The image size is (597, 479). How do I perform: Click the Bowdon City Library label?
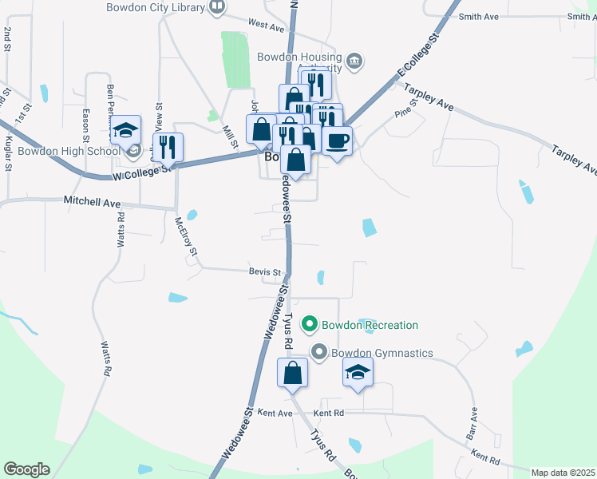coord(156,7)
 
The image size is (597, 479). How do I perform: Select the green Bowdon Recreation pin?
coord(310,325)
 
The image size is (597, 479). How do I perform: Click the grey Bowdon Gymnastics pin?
coord(319,352)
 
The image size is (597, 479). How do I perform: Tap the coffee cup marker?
coord(338,141)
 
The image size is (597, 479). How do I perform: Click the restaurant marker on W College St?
coord(167,148)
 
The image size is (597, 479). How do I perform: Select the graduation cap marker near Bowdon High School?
coord(125,131)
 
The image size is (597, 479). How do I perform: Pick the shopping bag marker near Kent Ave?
coord(293,373)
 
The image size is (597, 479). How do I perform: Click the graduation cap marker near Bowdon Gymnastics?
coord(358,372)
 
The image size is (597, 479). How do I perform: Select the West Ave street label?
coord(266,26)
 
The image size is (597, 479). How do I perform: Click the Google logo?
coord(26,469)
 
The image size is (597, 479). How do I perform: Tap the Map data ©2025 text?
coord(563,473)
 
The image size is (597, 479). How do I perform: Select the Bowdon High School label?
coord(68,151)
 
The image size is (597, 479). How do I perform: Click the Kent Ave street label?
coord(276,414)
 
